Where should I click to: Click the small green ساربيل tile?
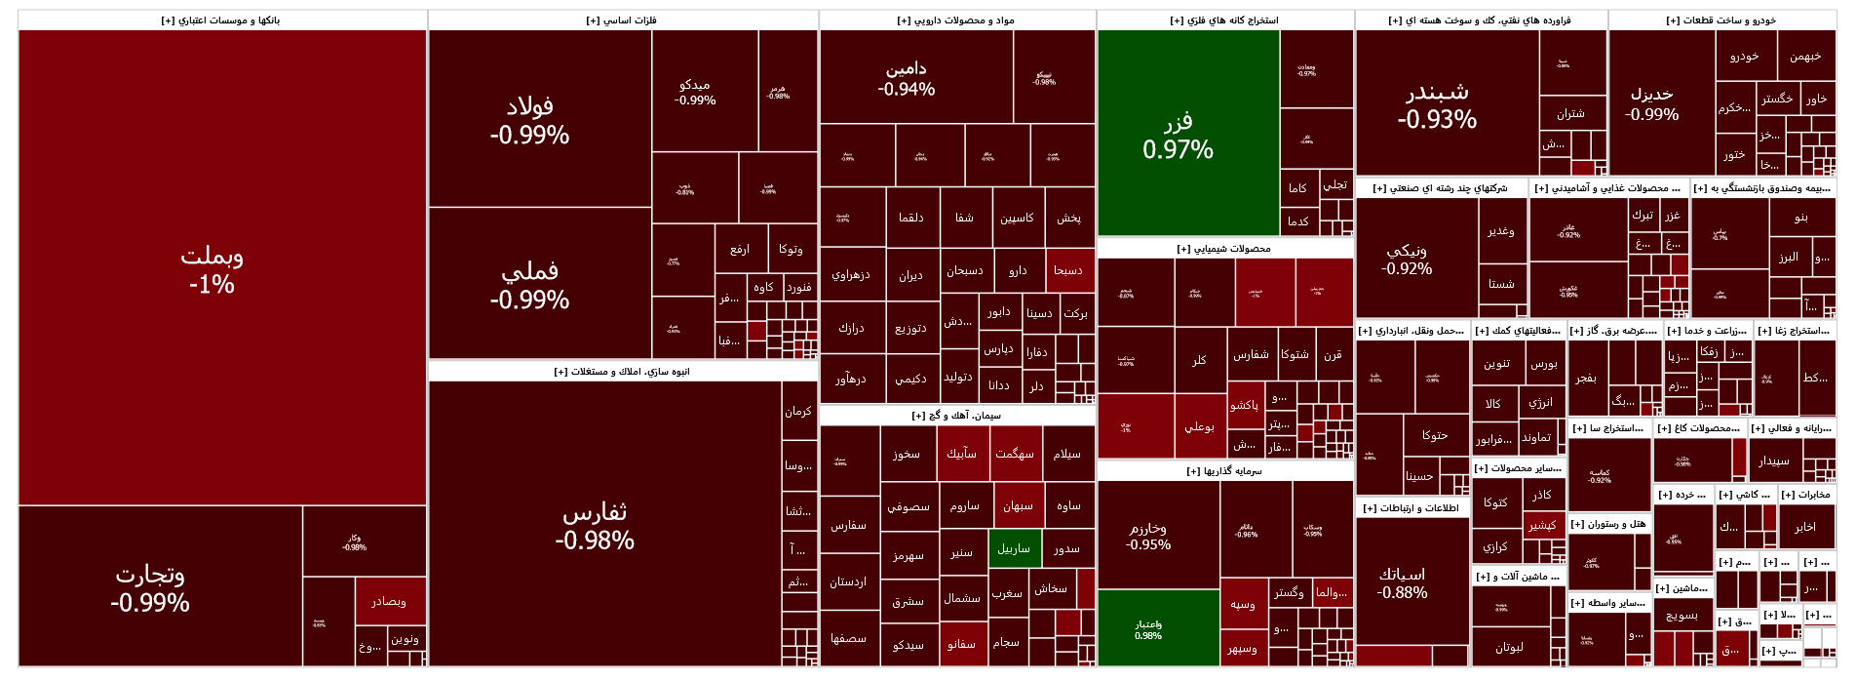coord(1015,548)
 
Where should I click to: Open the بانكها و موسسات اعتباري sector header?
coord(221,20)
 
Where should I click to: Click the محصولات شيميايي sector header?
coord(1224,249)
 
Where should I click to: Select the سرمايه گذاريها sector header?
coord(1224,471)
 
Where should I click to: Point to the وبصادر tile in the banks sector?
coord(390,601)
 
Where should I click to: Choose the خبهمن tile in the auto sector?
coord(1805,56)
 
